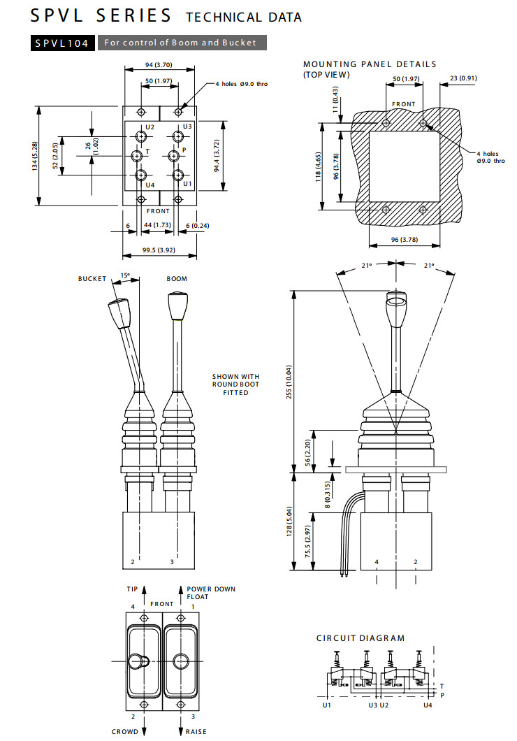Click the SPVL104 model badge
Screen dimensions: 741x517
62,43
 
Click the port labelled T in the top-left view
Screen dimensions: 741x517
140,154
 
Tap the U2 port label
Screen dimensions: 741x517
150,127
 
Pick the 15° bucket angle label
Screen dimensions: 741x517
125,275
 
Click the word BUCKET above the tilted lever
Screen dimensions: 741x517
92,279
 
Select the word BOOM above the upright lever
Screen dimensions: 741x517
177,279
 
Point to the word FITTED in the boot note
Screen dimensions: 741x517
235,393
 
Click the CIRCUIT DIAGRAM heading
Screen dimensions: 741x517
360,638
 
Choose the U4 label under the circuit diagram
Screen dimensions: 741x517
428,705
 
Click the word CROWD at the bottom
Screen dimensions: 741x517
124,732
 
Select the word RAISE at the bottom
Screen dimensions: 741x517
196,732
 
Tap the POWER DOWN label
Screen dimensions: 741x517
211,589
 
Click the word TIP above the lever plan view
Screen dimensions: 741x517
132,589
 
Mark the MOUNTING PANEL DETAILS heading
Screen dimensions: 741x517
370,64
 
